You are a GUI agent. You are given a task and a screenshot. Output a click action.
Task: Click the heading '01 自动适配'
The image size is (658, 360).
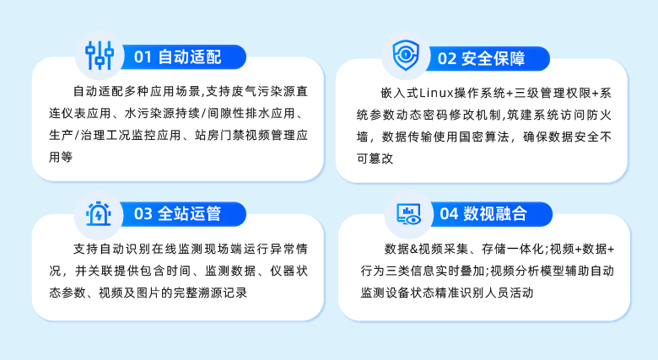click(x=177, y=57)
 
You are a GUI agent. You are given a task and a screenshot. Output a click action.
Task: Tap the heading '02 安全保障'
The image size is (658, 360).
click(x=481, y=58)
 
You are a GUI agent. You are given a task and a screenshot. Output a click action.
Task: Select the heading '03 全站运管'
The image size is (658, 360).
click(x=177, y=213)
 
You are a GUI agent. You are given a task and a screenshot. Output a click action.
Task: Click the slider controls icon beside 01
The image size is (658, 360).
click(x=100, y=56)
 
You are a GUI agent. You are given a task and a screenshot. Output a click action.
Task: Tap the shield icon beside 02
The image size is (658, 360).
click(x=407, y=56)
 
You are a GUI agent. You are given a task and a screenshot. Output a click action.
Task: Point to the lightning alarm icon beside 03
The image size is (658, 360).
click(x=100, y=213)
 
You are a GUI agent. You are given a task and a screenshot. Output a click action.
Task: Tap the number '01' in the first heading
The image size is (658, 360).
click(x=143, y=57)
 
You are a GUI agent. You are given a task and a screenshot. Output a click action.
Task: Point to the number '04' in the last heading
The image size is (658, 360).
click(x=448, y=213)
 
